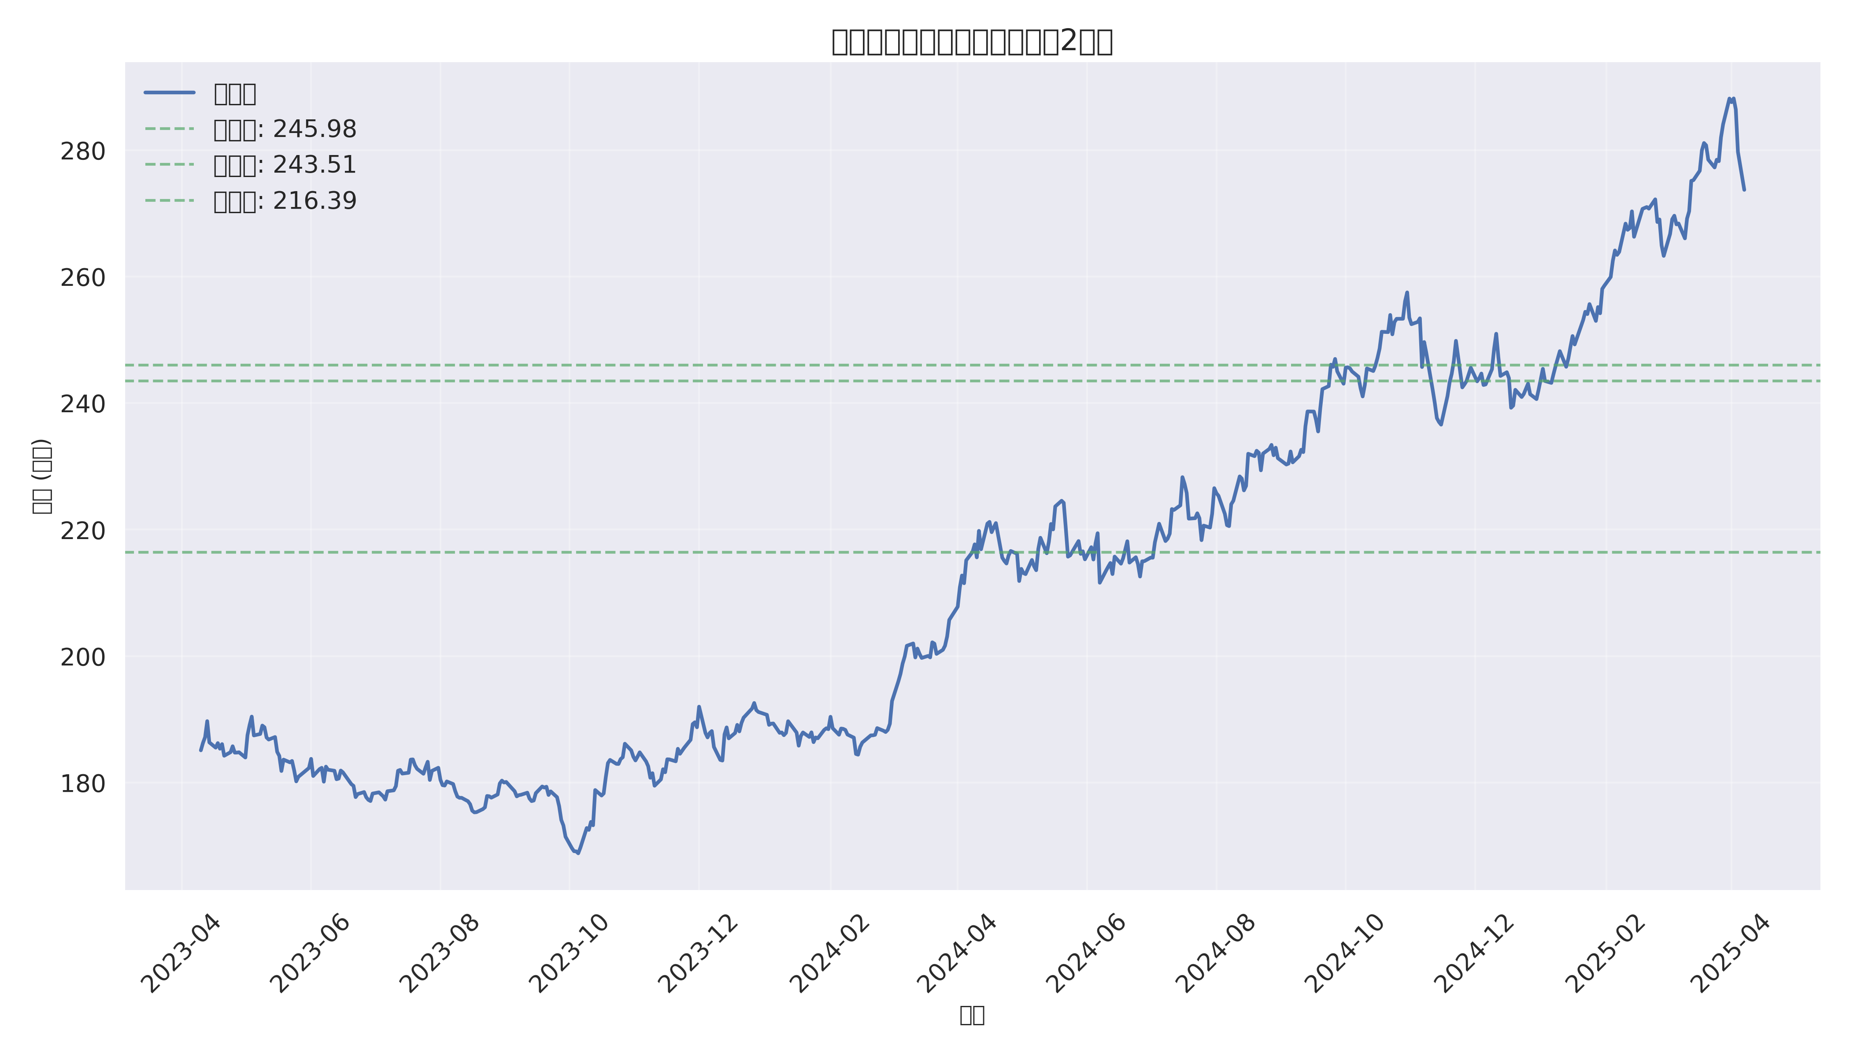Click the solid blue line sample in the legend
point(170,93)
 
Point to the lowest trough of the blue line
point(577,853)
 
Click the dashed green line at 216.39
point(726,552)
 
